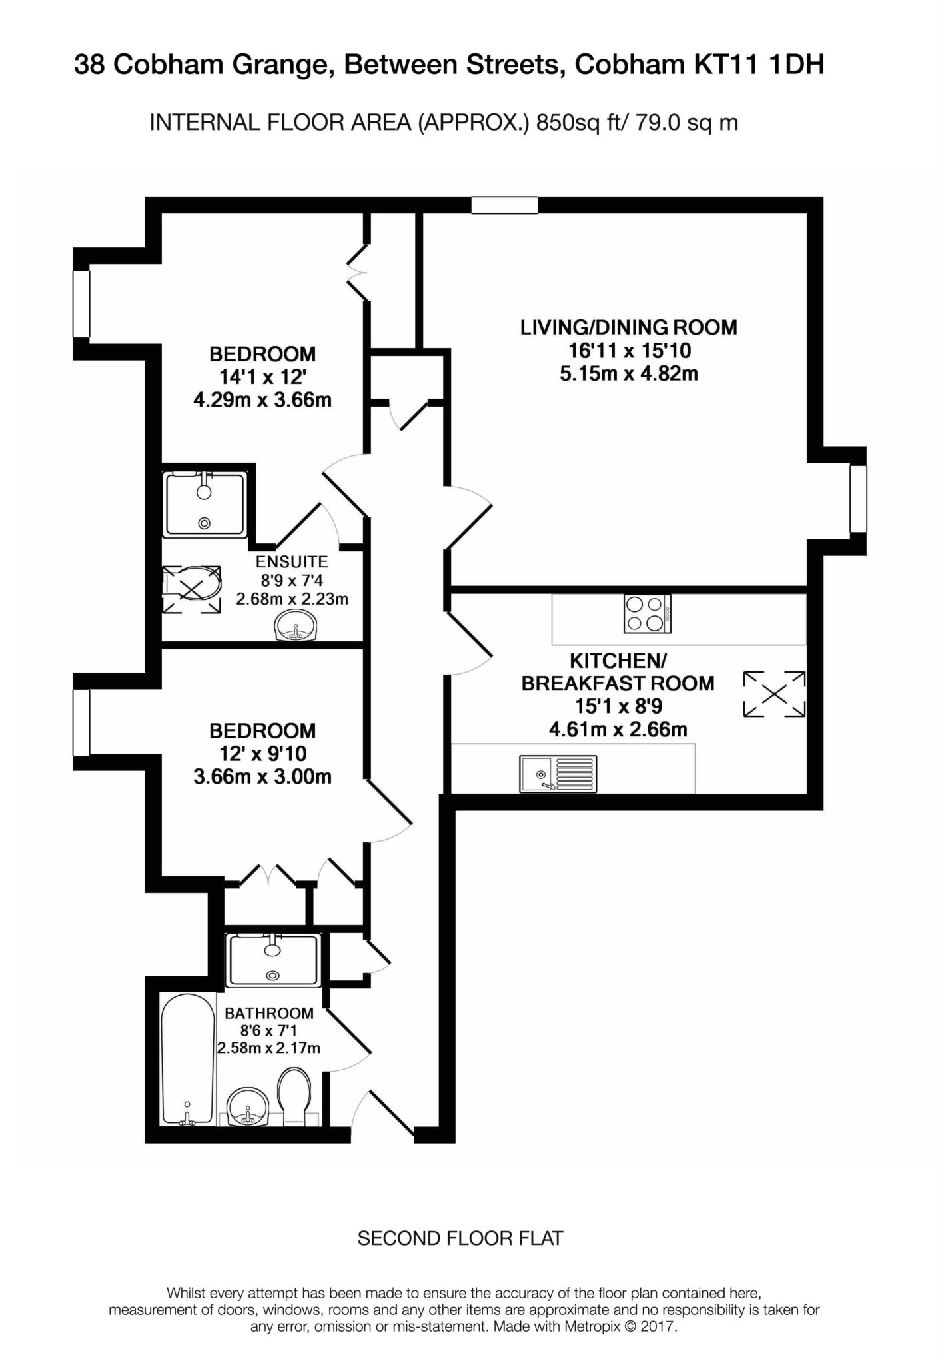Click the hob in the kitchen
(647, 613)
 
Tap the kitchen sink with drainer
(558, 774)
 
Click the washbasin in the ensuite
(296, 626)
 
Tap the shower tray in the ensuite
(206, 504)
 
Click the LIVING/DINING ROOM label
(628, 327)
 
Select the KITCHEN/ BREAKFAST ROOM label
(618, 673)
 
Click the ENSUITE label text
(292, 562)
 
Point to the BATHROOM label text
(269, 1014)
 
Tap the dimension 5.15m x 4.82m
(628, 373)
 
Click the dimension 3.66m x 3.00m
(262, 777)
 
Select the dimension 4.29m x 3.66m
(262, 400)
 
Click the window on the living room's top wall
(504, 205)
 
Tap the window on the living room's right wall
(858, 499)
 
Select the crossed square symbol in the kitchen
(774, 694)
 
